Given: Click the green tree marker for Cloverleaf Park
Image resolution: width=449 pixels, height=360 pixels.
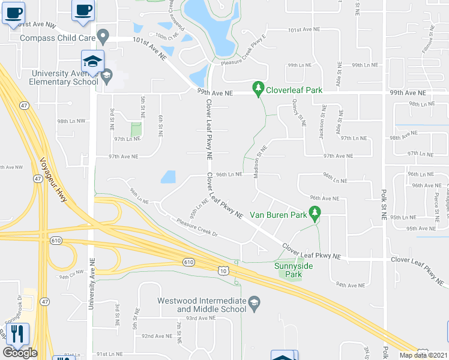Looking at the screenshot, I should pos(258,88).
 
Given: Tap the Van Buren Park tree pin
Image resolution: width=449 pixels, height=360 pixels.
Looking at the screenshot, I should pos(314,212).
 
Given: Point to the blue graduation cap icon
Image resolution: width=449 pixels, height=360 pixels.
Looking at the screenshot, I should pos(93,61).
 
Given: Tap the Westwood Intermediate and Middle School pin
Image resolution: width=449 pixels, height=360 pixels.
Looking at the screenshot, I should pos(255,302).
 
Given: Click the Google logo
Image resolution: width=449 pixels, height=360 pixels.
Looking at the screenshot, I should pos(20,353).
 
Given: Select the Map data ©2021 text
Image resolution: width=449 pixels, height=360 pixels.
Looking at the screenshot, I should pos(423,355).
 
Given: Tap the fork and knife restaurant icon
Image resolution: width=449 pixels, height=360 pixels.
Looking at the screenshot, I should pos(18,334).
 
